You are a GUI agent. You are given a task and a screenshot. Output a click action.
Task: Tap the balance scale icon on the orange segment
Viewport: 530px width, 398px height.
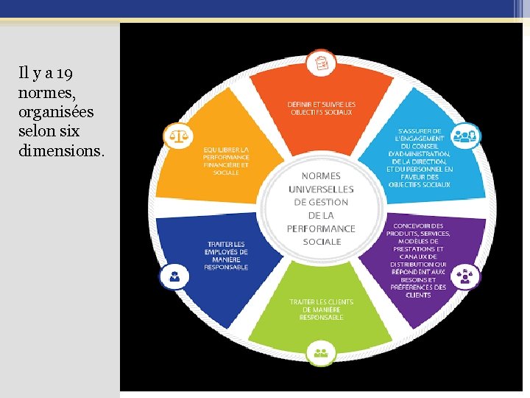point(177,136)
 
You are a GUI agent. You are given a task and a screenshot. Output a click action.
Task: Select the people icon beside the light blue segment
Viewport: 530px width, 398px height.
point(465,135)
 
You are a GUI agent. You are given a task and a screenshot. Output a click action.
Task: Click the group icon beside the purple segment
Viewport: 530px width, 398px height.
point(465,277)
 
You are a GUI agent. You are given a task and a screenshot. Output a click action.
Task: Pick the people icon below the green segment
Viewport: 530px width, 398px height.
point(320,350)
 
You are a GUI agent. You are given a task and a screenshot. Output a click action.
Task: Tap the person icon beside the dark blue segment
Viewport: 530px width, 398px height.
point(174,277)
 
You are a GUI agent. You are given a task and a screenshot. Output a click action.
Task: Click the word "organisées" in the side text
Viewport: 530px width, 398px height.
point(56,112)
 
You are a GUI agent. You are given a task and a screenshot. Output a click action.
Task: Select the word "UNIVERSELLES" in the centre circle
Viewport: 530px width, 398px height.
point(321,189)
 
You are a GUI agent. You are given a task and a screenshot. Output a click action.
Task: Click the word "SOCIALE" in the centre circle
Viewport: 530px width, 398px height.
point(322,242)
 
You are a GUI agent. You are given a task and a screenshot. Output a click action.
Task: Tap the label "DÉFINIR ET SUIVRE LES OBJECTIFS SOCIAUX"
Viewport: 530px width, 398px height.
point(321,108)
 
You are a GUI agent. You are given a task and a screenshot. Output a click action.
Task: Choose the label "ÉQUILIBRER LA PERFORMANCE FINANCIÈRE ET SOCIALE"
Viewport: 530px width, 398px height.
point(226,161)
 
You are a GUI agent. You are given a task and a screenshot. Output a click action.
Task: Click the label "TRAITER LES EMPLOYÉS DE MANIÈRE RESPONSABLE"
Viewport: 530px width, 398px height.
point(226,255)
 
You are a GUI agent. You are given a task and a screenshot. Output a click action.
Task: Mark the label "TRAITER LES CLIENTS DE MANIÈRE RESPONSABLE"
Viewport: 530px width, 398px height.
point(321,310)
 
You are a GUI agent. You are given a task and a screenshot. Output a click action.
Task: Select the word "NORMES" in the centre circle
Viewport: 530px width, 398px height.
point(321,175)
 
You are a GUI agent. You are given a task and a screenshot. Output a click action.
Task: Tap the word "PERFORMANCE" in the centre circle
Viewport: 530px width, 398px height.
point(321,228)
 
